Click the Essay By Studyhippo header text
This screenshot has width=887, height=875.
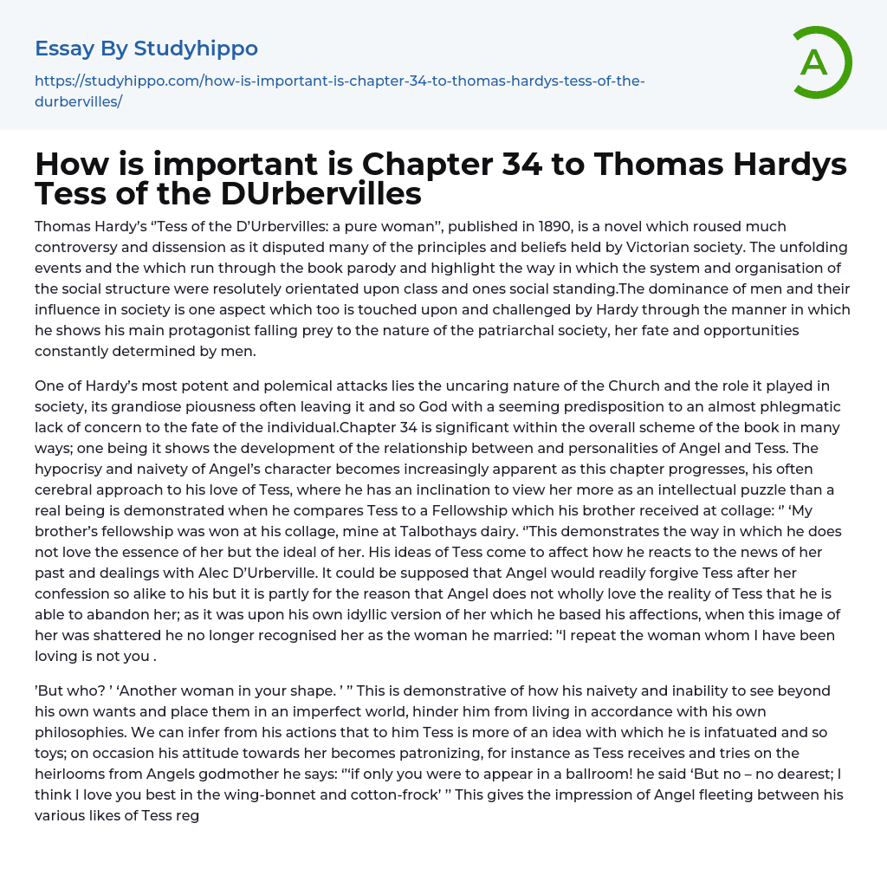[x=146, y=49]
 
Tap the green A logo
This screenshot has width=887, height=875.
[x=815, y=62]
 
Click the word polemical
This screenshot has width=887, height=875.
[x=284, y=386]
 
